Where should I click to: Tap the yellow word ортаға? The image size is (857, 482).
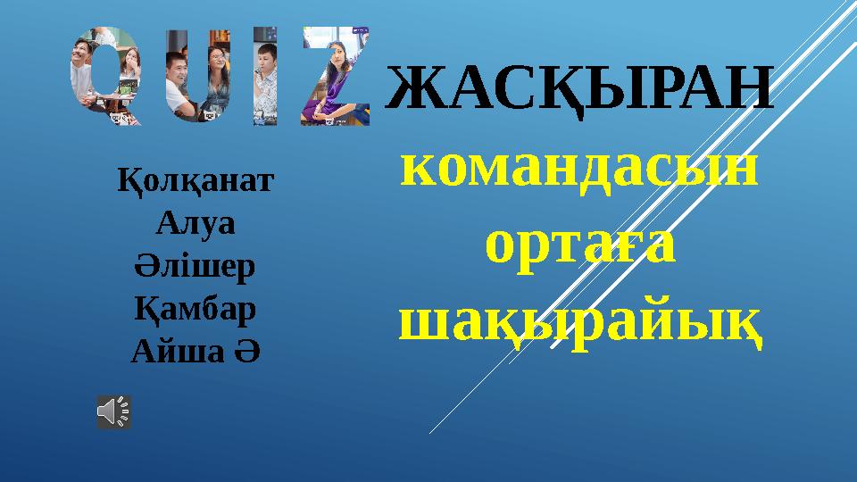point(579,246)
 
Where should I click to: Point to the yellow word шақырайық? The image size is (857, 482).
point(579,319)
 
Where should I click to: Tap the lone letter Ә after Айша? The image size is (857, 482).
point(248,352)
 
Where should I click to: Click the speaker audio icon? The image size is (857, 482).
point(113,411)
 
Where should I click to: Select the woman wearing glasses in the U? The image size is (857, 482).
point(218,67)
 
